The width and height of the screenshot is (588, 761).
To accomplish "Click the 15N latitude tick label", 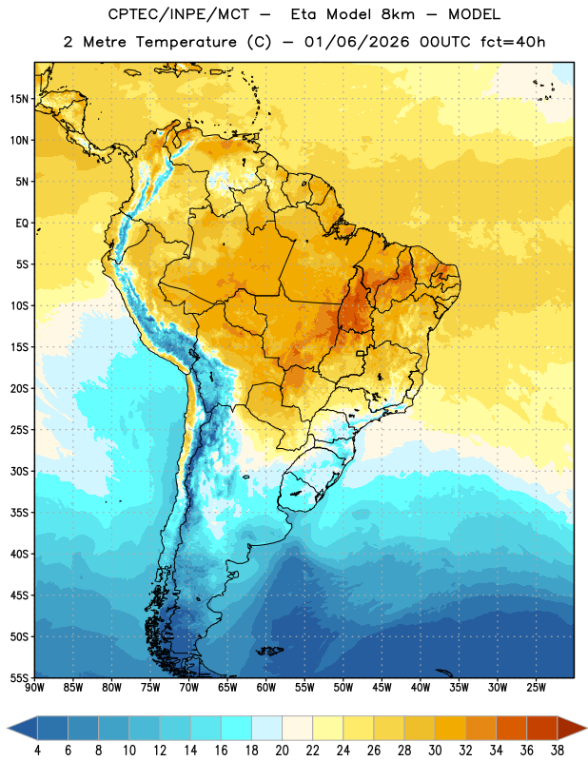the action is [x=19, y=99].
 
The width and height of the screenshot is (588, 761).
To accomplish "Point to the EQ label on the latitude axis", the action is [x=22, y=224].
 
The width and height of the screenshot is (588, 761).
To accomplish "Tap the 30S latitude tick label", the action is [x=19, y=471].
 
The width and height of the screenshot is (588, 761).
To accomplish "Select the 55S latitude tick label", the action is [x=19, y=678].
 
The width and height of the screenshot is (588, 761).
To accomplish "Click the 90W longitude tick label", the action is [x=34, y=687].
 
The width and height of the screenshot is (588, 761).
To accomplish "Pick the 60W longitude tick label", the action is [x=266, y=687].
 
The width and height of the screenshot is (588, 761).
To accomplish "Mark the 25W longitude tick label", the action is [x=536, y=687].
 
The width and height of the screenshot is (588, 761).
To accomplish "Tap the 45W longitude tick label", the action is [x=382, y=687].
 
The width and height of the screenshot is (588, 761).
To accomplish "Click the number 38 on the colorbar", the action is [x=557, y=751].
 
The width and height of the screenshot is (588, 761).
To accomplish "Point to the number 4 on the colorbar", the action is [x=37, y=751].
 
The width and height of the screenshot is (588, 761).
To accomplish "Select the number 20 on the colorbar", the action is [x=282, y=751].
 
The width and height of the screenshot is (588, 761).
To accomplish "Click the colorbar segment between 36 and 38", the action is [x=542, y=729].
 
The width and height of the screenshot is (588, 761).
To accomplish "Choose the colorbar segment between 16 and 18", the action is [x=236, y=729].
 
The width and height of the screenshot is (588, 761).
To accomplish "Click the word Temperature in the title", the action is [x=186, y=42].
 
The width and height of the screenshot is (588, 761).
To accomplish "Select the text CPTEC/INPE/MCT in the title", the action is [x=178, y=15].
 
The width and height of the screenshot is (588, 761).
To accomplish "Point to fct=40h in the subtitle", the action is [x=513, y=42].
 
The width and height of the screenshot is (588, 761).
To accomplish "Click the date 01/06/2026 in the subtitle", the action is [x=357, y=42].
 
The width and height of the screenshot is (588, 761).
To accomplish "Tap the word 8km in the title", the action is [x=398, y=14].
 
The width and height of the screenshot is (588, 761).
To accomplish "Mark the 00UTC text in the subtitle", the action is [x=445, y=42].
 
